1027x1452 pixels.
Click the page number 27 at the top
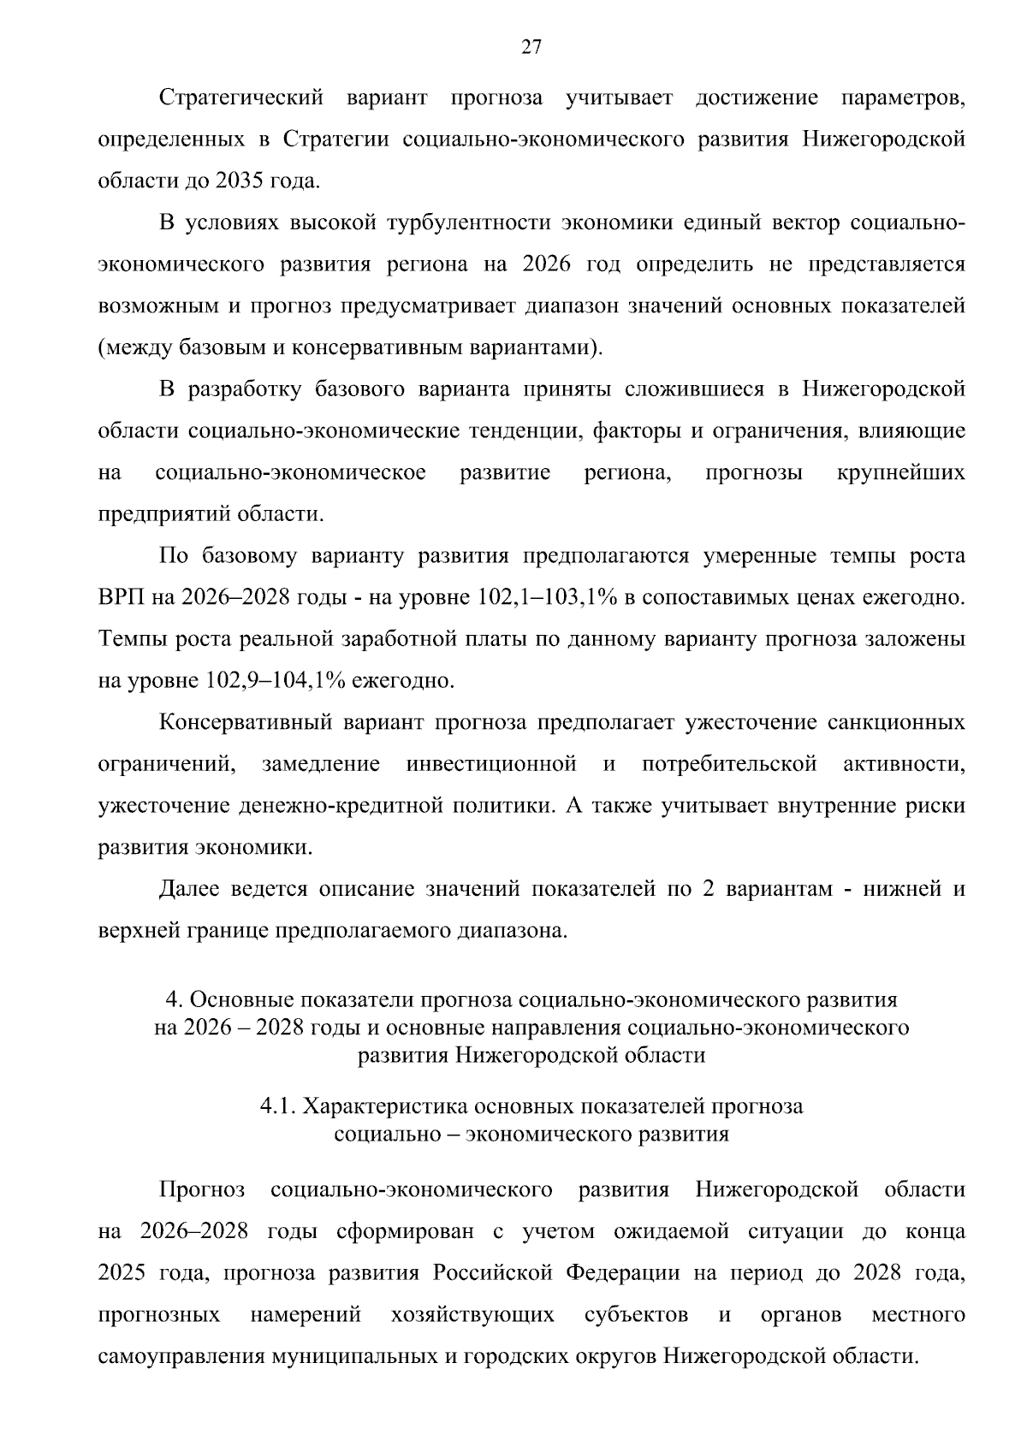tap(531, 48)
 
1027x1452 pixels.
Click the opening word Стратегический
tap(241, 98)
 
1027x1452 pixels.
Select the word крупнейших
tap(900, 473)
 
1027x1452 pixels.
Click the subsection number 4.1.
tap(276, 1106)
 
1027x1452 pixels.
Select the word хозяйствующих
tap(472, 1314)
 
